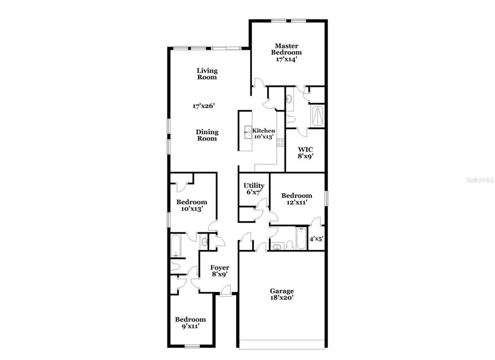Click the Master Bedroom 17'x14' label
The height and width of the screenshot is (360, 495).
[x=286, y=53]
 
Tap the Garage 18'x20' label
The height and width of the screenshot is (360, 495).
[x=282, y=294]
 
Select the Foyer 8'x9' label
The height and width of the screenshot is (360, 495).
[x=219, y=271]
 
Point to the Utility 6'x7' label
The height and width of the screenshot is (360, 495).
[x=254, y=189]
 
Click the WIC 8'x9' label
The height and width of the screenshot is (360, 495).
[x=305, y=153]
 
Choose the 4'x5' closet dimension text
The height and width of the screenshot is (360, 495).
[x=316, y=239]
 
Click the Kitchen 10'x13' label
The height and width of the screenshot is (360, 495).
[x=264, y=134]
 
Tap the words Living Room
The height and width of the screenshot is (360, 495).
[x=207, y=74]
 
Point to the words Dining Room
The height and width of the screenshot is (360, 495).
[x=207, y=135]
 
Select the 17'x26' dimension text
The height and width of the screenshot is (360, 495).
[x=203, y=105]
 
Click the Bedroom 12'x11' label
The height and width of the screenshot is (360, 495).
[x=297, y=199]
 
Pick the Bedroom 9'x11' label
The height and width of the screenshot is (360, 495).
[x=190, y=322]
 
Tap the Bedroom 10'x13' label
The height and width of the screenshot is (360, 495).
[x=191, y=205]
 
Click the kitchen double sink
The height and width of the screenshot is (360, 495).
[x=247, y=132]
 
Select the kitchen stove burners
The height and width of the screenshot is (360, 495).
[x=280, y=142]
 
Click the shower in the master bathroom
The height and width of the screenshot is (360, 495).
[x=317, y=115]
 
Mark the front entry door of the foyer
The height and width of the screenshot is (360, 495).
[x=225, y=290]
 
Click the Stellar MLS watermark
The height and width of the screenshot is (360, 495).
[x=480, y=180]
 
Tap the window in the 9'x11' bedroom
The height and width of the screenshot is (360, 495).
[x=191, y=346]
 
